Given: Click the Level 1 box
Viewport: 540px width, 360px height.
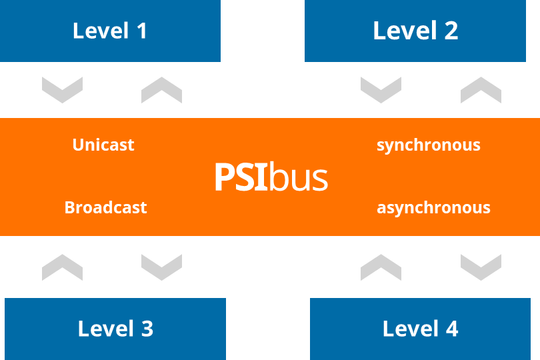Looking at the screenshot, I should [110, 31].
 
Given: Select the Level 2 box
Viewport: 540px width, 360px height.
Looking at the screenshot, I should [415, 31].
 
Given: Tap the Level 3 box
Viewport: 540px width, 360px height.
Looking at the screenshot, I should [115, 329].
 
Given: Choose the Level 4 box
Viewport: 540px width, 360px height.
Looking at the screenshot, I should [420, 329].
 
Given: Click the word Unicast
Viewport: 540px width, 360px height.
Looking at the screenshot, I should [103, 145].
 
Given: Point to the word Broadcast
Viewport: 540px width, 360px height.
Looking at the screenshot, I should [105, 207].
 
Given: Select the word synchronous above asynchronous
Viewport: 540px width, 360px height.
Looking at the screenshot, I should [428, 145].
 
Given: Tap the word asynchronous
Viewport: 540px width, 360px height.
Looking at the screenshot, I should [433, 207].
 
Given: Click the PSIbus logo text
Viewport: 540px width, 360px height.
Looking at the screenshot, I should [271, 177].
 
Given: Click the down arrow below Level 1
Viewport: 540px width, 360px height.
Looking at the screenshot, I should [62, 89].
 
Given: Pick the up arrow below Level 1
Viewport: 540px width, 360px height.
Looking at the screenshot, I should [161, 89].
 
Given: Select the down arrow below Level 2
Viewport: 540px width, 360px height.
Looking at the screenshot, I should [381, 89].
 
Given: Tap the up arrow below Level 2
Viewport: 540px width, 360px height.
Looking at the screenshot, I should [481, 89].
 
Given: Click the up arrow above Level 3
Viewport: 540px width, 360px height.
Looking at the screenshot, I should [62, 267].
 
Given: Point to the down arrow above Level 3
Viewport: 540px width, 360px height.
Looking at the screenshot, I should [161, 267].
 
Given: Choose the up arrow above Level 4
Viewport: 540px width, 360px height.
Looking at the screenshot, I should [381, 267].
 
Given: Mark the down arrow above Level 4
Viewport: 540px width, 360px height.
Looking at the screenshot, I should [481, 267].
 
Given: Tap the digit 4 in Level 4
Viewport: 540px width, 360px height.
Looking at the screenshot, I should [451, 329].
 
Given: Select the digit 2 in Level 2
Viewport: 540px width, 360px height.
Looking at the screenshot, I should [451, 31].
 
